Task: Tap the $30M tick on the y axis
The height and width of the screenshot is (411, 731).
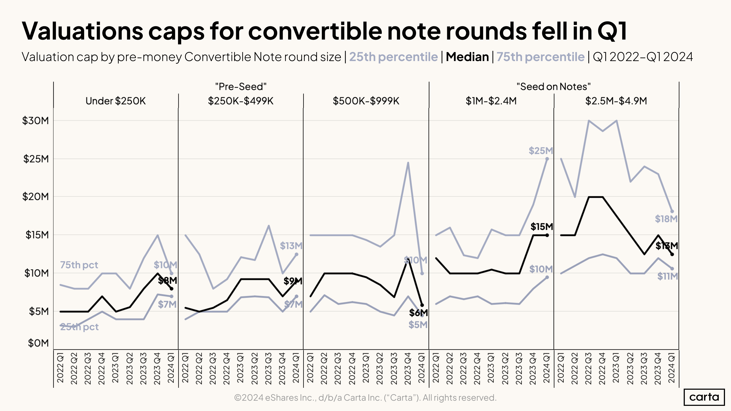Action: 35,121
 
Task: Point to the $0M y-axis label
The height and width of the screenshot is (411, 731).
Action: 38,343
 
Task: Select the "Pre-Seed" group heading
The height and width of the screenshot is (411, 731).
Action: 241,86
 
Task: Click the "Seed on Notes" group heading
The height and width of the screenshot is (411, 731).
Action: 553,86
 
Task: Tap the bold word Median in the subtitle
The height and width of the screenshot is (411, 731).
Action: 467,57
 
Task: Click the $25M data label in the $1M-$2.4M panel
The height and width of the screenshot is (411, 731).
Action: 541,151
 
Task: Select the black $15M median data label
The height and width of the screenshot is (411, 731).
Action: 541,227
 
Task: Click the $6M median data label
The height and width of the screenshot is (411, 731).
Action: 418,313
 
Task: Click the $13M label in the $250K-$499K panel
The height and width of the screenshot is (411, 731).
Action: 291,246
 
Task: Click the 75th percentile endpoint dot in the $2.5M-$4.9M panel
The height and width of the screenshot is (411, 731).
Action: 672,211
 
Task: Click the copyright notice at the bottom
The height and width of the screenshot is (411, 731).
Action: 365,398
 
